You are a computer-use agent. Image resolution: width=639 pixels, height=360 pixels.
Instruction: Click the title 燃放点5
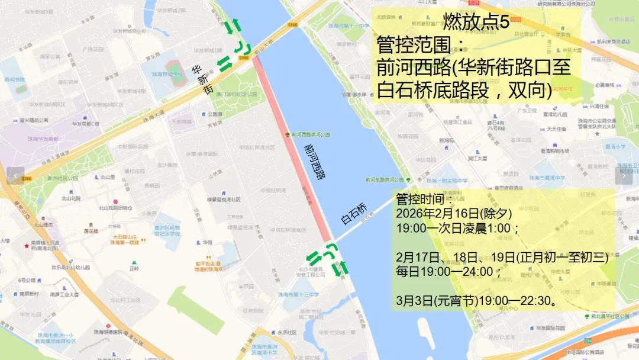pyautogui.click(x=476, y=22)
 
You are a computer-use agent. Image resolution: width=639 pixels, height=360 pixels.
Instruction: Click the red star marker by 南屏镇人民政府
pyautogui.click(x=26, y=246)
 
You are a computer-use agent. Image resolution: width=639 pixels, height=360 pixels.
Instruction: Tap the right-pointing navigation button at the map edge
pyautogui.click(x=624, y=175)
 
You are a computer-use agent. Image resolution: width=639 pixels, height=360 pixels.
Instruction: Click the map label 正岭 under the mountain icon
pyautogui.click(x=134, y=268)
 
